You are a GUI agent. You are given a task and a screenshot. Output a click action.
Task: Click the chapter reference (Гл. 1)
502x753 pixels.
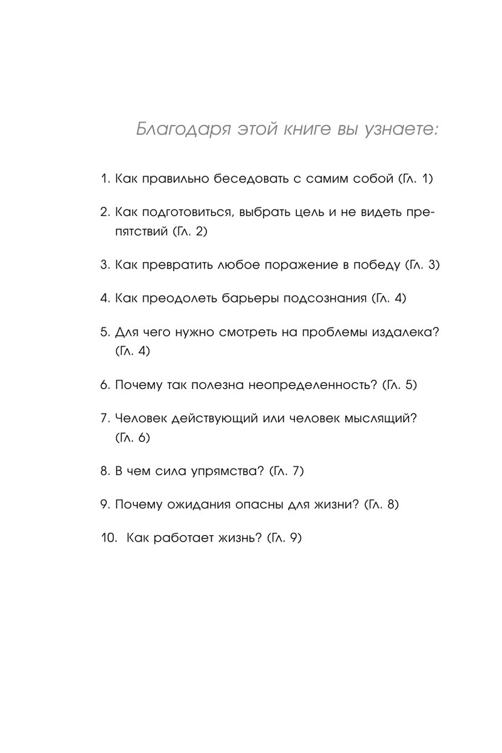coord(415,179)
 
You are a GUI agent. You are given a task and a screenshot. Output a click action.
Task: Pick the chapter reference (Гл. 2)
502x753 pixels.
coord(189,232)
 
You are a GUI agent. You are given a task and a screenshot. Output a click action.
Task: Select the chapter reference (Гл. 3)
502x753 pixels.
coord(422,265)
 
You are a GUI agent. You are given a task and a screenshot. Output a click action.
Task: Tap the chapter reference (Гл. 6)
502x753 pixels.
coord(133,437)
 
